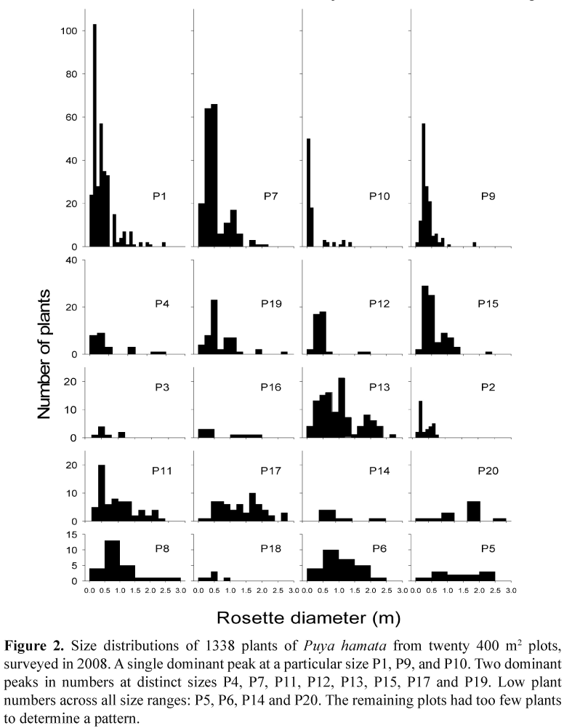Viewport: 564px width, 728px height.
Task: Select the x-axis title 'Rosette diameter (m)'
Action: pos(300,619)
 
